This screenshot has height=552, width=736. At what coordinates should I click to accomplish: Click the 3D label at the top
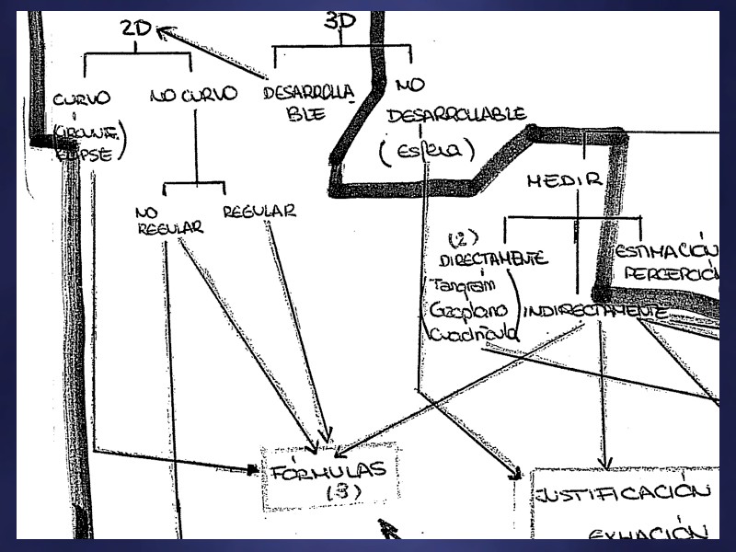click(341, 21)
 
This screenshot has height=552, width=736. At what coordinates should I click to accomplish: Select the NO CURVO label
click(193, 94)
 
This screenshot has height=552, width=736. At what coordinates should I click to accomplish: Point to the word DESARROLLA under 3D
click(308, 93)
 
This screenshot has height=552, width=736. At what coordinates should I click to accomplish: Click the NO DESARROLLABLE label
click(456, 114)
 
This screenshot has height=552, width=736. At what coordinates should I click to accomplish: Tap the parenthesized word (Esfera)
click(426, 150)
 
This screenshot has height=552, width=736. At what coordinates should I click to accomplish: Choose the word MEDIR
click(564, 180)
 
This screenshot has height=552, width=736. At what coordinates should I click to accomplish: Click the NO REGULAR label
click(169, 220)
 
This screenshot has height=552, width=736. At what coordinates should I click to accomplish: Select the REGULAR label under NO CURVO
click(259, 211)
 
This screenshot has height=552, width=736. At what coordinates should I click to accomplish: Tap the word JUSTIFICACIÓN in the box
click(623, 491)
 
